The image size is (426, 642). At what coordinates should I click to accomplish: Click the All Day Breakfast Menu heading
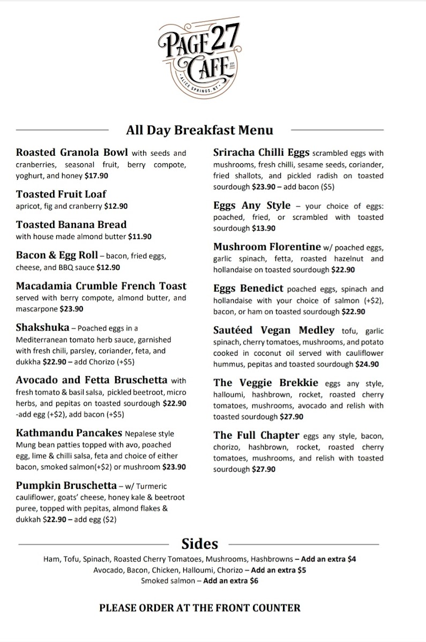(x=199, y=130)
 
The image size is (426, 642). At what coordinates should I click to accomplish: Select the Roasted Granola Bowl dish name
(x=72, y=152)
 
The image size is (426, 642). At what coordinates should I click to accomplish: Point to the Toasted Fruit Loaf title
(x=61, y=194)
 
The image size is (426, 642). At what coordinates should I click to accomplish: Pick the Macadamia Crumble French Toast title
(x=101, y=286)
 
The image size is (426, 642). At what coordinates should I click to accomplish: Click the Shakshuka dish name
(x=42, y=327)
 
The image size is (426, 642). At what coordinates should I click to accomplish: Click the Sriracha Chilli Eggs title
(x=261, y=152)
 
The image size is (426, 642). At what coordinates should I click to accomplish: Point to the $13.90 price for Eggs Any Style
(x=264, y=228)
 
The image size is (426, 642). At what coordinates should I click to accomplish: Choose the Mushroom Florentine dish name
(x=267, y=247)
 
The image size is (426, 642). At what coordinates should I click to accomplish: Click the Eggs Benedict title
(x=248, y=288)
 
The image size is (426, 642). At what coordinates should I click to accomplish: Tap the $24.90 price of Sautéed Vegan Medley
(x=367, y=364)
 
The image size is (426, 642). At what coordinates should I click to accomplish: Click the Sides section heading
(x=199, y=544)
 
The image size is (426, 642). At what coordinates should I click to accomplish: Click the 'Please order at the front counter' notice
(x=199, y=608)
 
